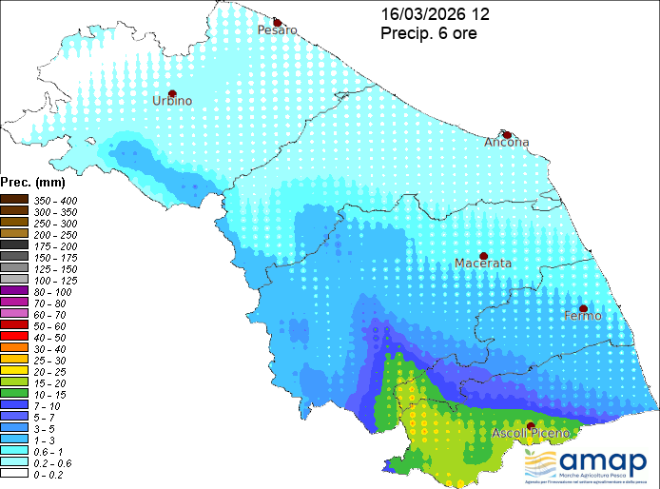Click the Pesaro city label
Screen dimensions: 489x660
click(x=278, y=30)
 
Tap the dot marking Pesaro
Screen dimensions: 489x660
click(x=277, y=22)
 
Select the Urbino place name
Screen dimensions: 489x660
click(x=173, y=101)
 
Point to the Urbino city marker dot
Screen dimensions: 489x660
click(x=172, y=93)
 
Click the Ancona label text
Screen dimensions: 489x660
click(x=507, y=143)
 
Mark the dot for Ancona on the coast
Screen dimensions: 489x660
click(x=508, y=135)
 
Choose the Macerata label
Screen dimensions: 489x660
click(x=483, y=264)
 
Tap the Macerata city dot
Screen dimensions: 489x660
click(x=483, y=256)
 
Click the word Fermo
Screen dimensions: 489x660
click(x=583, y=316)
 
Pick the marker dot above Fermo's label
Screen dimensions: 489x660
click(x=583, y=308)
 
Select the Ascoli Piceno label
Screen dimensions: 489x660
click(x=531, y=434)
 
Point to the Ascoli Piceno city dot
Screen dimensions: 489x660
click(x=530, y=425)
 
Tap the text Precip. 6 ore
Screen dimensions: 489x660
click(x=428, y=33)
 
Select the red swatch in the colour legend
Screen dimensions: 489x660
click(x=14, y=336)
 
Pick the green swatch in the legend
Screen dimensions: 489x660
click(x=14, y=393)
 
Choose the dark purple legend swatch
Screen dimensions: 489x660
click(x=14, y=290)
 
